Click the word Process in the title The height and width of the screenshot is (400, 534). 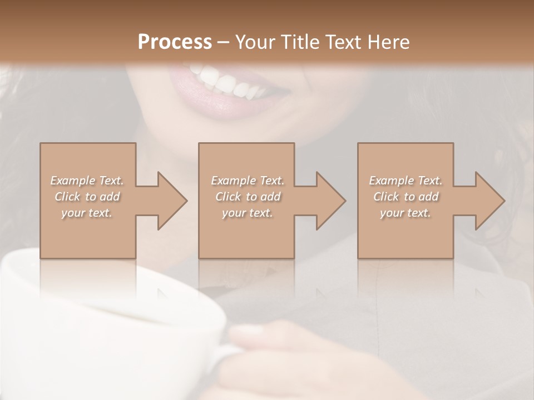pyautogui.click(x=175, y=42)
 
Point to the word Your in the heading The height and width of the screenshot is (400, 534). pyautogui.click(x=256, y=42)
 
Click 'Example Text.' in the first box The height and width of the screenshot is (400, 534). pyautogui.click(x=87, y=181)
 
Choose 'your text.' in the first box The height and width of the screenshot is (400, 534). pyautogui.click(x=87, y=213)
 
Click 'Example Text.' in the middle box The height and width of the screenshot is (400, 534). pyautogui.click(x=247, y=181)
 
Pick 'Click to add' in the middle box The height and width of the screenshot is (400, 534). pyautogui.click(x=247, y=197)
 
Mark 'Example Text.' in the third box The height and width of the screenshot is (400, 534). pyautogui.click(x=406, y=181)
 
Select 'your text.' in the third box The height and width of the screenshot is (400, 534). pyautogui.click(x=406, y=213)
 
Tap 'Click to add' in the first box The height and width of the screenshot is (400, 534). pyautogui.click(x=87, y=197)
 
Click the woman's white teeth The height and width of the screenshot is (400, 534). pyautogui.click(x=222, y=81)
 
